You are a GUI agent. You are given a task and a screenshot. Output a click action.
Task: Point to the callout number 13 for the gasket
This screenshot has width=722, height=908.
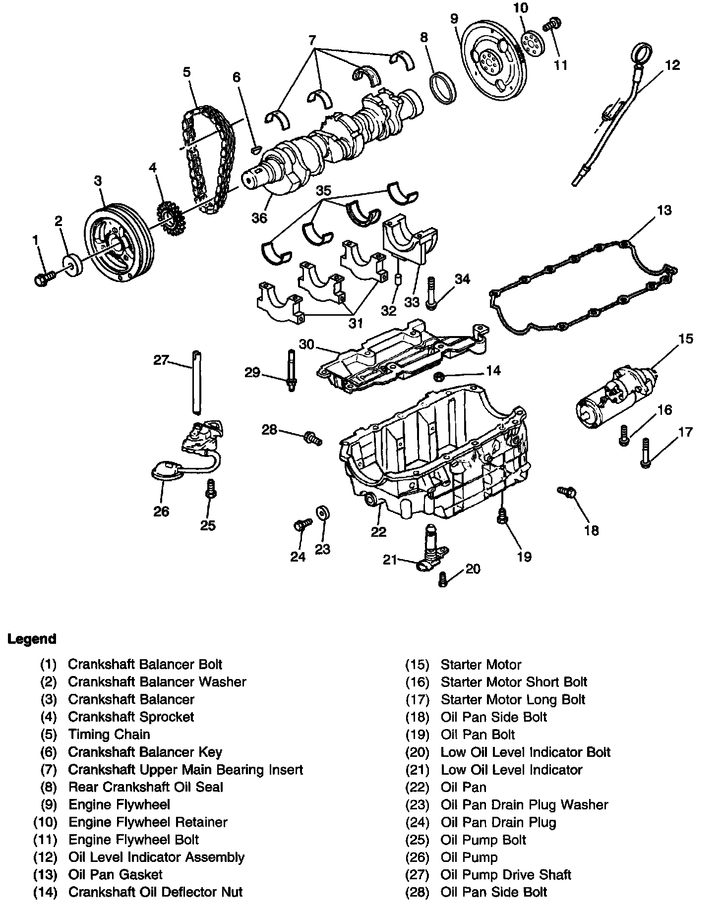pos(664,210)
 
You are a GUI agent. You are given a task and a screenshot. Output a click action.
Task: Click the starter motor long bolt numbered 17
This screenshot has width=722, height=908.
pos(645,453)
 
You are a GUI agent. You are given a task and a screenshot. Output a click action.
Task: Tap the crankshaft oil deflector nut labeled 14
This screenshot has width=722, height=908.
pos(439,378)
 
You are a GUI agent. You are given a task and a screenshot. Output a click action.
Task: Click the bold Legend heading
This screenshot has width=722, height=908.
pos(32,639)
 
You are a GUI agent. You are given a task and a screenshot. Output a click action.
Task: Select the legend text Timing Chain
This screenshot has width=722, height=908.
pos(109,734)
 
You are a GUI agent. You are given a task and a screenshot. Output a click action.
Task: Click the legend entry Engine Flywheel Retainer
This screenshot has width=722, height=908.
pos(147,822)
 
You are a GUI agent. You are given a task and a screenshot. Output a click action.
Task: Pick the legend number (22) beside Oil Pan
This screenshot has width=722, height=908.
pos(417,787)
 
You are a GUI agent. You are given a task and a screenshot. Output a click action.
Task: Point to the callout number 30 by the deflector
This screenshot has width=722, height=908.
pos(307,344)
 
